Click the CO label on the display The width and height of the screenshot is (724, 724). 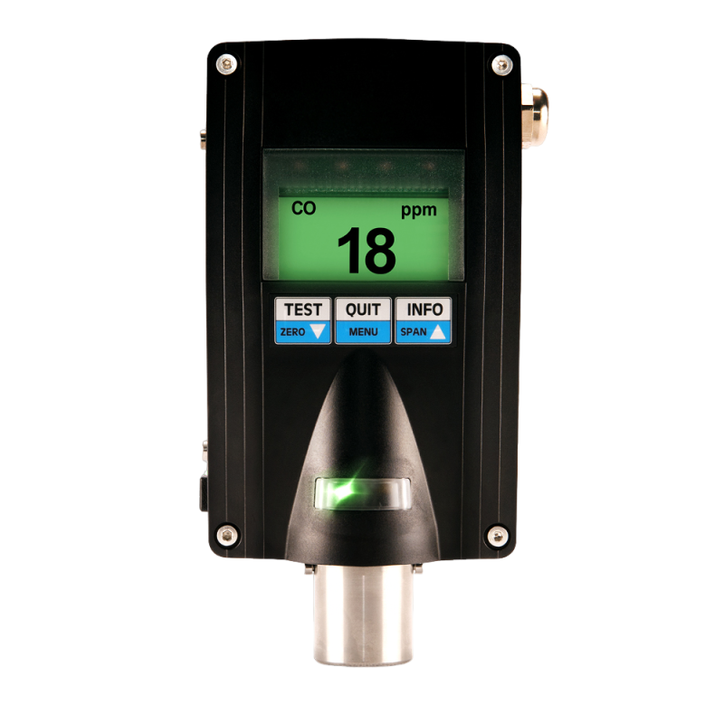pyautogui.click(x=303, y=208)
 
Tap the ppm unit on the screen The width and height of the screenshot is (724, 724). pyautogui.click(x=418, y=211)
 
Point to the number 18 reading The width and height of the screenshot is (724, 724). pyautogui.click(x=367, y=251)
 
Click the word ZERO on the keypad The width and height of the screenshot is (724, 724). pyautogui.click(x=292, y=332)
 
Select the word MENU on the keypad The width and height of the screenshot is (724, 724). pyautogui.click(x=363, y=332)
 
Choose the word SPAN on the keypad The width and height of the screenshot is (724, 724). pyautogui.click(x=414, y=332)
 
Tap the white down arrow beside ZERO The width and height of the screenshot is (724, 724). pyautogui.click(x=318, y=331)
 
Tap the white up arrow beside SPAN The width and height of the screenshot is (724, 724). pyautogui.click(x=438, y=332)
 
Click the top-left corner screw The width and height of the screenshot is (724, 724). pyautogui.click(x=226, y=64)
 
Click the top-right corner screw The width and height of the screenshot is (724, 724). pyautogui.click(x=502, y=65)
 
